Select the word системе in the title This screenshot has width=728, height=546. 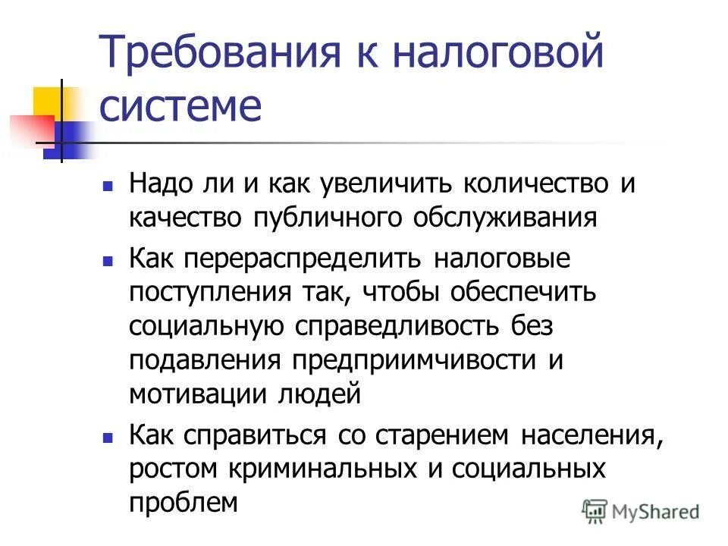click(180, 107)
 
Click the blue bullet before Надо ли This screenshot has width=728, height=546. click(108, 185)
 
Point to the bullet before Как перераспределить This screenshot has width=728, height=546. click(108, 260)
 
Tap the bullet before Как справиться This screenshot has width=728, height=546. click(108, 438)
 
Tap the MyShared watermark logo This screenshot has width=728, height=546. click(641, 512)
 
